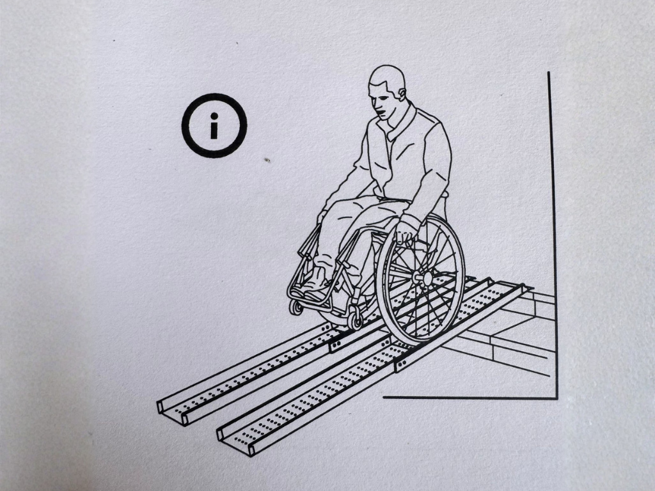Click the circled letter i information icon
[214, 125]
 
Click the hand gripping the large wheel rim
[406, 230]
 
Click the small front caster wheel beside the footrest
[296, 307]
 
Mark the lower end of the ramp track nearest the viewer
[233, 442]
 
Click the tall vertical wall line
[552, 224]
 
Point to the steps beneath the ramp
[512, 332]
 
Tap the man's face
[381, 102]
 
